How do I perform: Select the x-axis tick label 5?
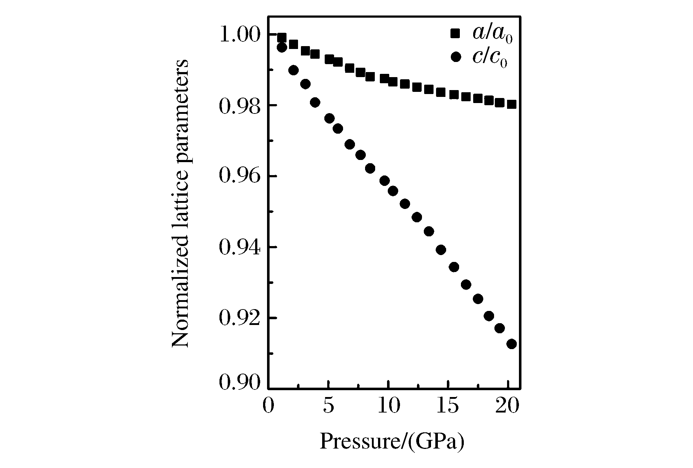(328, 406)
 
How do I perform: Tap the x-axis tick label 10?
(388, 406)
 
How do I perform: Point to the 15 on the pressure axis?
(448, 406)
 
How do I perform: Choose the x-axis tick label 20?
(508, 406)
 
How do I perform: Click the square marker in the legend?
(456, 34)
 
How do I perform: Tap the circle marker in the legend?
(456, 57)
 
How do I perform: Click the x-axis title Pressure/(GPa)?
(392, 441)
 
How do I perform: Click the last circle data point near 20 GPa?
(511, 344)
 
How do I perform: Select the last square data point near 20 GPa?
(511, 104)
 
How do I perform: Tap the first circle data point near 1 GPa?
(282, 48)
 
